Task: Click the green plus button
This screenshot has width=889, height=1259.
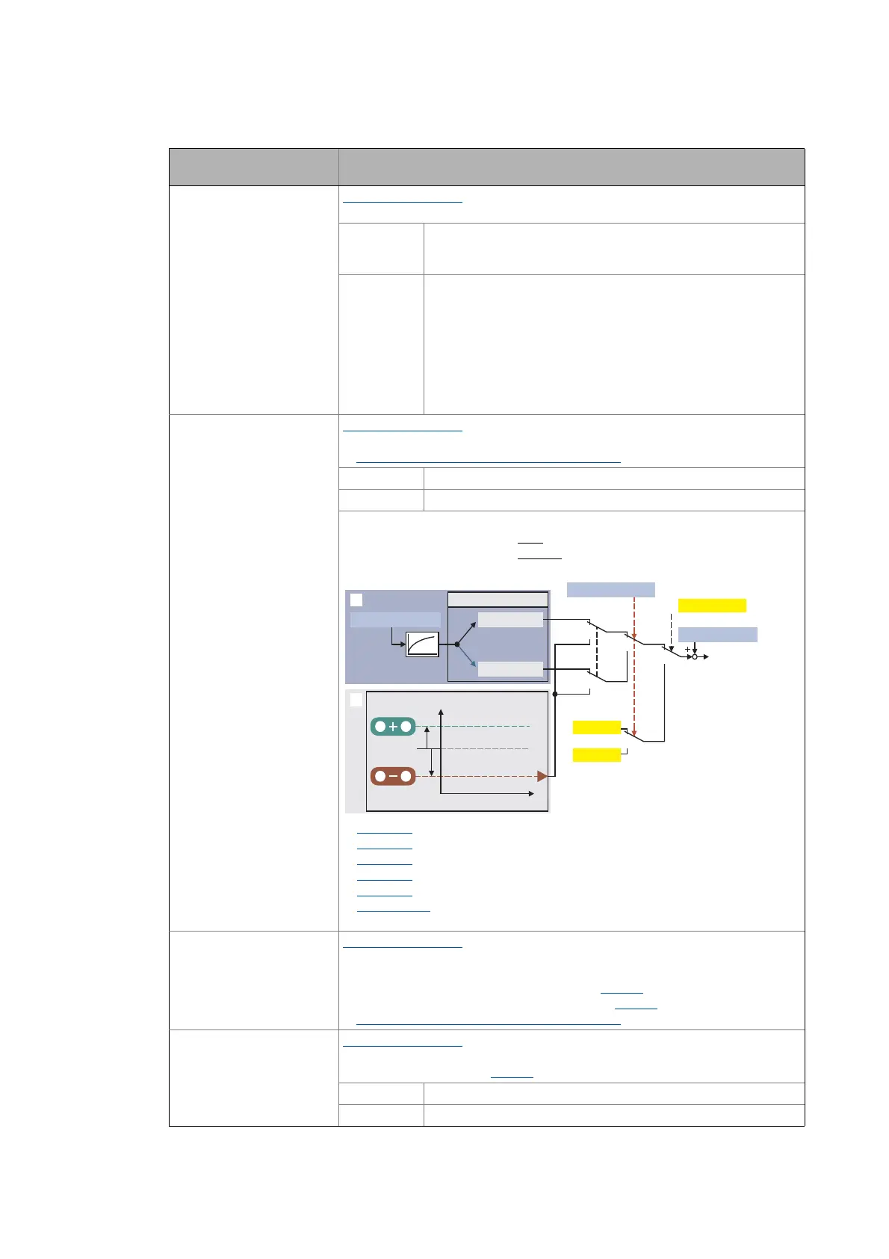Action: [x=393, y=726]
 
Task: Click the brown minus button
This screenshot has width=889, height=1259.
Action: [x=393, y=776]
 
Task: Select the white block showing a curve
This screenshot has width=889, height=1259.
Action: [x=422, y=644]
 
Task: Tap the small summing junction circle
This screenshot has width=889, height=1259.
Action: [x=694, y=656]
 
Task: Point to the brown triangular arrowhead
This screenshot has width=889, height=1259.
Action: [x=542, y=776]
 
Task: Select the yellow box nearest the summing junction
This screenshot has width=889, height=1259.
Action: [x=711, y=606]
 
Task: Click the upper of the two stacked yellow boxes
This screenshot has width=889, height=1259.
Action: [x=596, y=727]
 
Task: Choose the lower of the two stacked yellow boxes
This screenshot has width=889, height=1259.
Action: [x=596, y=754]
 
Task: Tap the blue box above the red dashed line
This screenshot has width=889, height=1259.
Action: [x=610, y=589]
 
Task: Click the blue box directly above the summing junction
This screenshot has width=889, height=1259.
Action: [x=717, y=635]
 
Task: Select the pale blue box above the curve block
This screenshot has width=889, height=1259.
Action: [x=395, y=619]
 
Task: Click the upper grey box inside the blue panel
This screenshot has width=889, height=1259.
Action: [x=510, y=619]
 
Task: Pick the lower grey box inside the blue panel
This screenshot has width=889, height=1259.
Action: [x=510, y=668]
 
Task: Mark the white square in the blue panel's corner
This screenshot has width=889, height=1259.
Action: [x=356, y=600]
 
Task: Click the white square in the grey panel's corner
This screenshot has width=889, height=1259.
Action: [x=356, y=700]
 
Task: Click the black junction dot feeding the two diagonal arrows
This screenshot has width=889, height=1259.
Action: [x=456, y=644]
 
